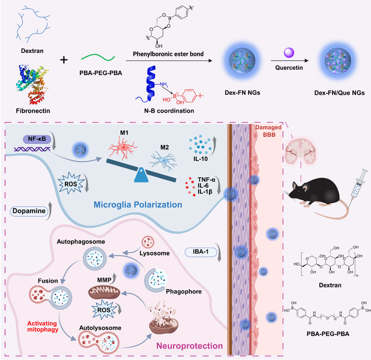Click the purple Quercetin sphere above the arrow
[289, 53]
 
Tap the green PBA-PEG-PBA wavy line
[98, 58]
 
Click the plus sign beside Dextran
[64, 60]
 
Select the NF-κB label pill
[37, 139]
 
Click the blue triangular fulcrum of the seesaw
[141, 175]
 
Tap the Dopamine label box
[29, 211]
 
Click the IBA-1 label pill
[201, 251]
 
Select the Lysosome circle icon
[148, 242]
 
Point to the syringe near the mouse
[358, 185]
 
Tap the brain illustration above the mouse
[301, 151]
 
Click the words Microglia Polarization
[138, 205]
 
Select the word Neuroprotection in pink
[190, 346]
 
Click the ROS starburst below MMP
[104, 310]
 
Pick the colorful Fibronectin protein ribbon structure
[32, 84]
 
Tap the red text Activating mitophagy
[43, 326]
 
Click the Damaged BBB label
[268, 131]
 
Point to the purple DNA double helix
[32, 149]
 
